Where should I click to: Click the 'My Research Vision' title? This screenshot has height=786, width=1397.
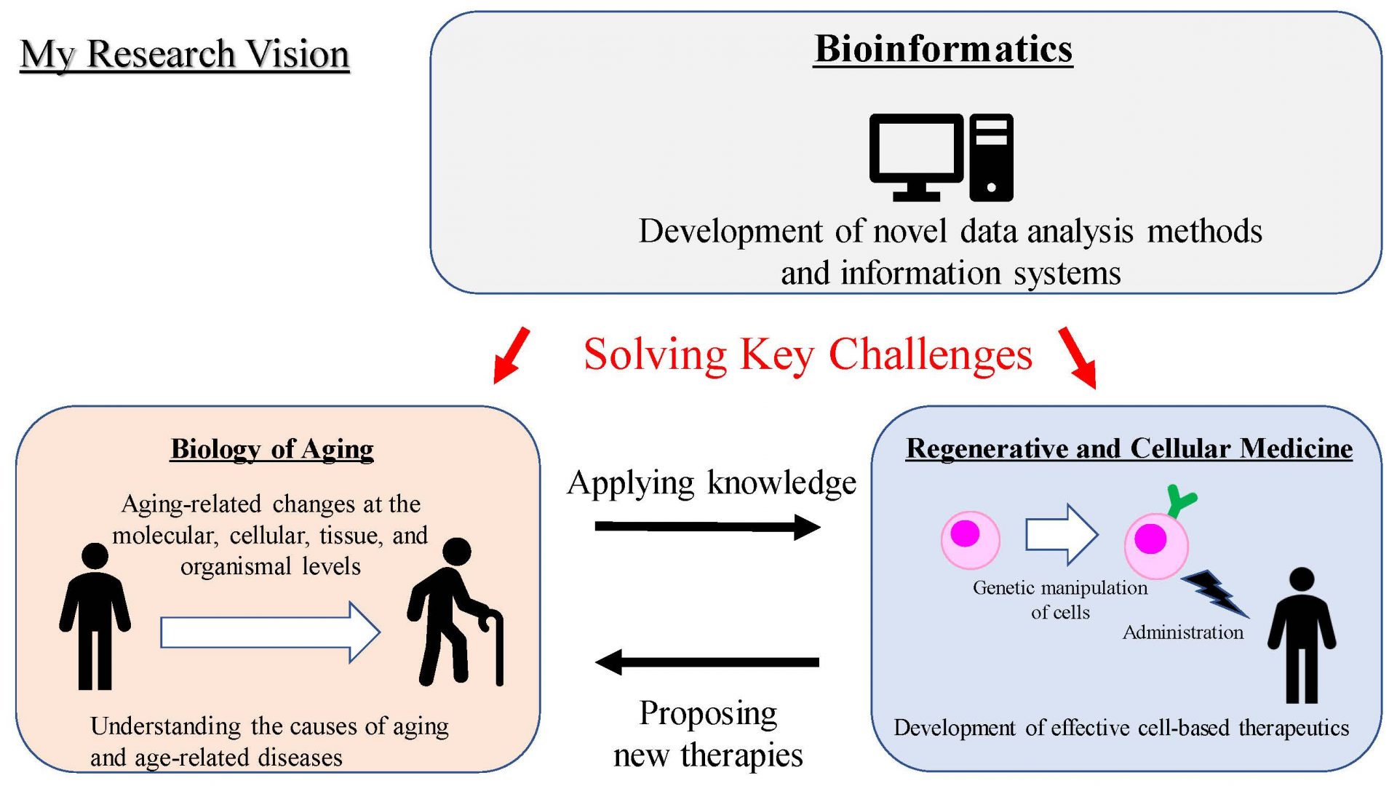pyautogui.click(x=185, y=55)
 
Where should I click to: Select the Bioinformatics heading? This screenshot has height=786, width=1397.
pyautogui.click(x=943, y=49)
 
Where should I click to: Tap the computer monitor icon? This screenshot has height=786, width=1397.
pyautogui.click(x=916, y=156)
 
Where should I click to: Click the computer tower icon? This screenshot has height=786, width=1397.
pyautogui.click(x=991, y=157)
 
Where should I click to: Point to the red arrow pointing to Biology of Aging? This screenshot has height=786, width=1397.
pyautogui.click(x=512, y=355)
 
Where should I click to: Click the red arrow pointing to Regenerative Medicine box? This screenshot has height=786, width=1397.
pyautogui.click(x=1078, y=357)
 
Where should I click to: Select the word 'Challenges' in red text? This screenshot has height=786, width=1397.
pyautogui.click(x=931, y=355)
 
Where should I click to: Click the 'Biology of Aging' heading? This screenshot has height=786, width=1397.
pyautogui.click(x=272, y=449)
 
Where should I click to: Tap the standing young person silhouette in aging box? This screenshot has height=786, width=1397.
pyautogui.click(x=95, y=616)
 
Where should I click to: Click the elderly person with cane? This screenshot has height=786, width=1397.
pyautogui.click(x=455, y=611)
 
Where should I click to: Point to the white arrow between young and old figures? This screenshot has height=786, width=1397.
pyautogui.click(x=270, y=632)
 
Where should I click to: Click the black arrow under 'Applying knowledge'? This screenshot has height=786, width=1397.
pyautogui.click(x=708, y=527)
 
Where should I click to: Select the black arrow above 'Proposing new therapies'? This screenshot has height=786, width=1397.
pyautogui.click(x=707, y=662)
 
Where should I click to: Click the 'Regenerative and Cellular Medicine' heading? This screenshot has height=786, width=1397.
pyautogui.click(x=1129, y=448)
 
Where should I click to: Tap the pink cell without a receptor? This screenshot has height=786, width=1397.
pyautogui.click(x=971, y=539)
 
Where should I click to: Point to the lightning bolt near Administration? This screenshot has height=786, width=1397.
pyautogui.click(x=1214, y=592)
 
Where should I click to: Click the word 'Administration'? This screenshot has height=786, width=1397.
pyautogui.click(x=1183, y=632)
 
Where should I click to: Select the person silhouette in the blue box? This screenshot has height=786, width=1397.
pyautogui.click(x=1302, y=635)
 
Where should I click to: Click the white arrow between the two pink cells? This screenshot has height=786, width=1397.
pyautogui.click(x=1062, y=535)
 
